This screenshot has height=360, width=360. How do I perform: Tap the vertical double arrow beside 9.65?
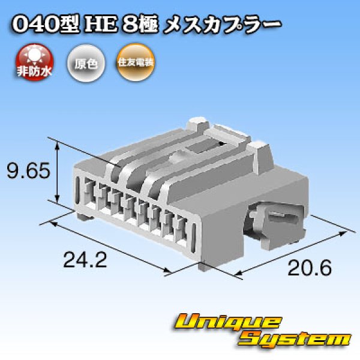(58, 172)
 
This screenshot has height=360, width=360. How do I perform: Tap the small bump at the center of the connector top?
(177, 158)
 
